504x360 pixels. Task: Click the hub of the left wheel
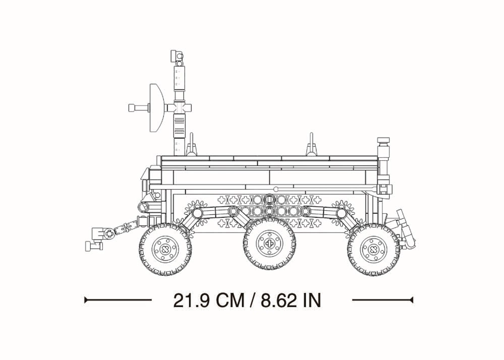tap(166, 249)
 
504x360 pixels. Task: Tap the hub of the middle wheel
tap(269, 243)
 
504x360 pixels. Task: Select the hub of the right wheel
tap(373, 249)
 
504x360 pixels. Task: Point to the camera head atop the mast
tap(177, 57)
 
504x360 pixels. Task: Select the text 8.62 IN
tap(291, 301)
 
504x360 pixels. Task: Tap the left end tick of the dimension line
tap(85, 301)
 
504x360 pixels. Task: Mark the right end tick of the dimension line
tap(412, 301)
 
